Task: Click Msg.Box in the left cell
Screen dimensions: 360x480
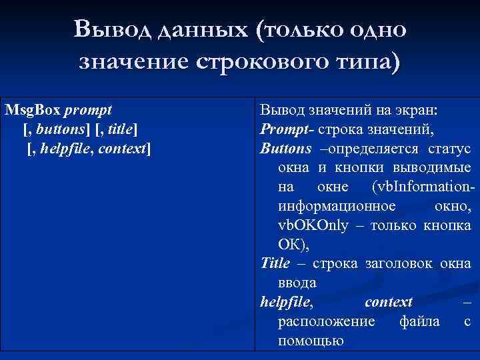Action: point(32,109)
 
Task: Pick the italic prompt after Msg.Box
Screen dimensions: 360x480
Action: point(88,109)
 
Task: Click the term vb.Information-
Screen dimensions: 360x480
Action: point(423,187)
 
